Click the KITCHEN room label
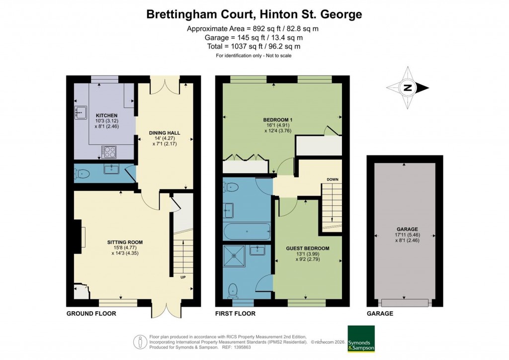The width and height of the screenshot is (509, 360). click(x=107, y=115)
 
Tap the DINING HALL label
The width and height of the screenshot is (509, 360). click(x=165, y=133)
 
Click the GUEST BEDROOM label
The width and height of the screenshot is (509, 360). click(x=307, y=248)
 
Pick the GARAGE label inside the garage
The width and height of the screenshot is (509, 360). click(x=404, y=229)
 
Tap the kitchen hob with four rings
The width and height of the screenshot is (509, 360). click(x=109, y=151)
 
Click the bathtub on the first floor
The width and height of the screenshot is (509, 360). click(x=247, y=232)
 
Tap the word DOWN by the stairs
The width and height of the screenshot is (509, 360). click(x=332, y=180)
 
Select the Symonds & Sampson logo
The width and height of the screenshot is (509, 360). click(x=360, y=339)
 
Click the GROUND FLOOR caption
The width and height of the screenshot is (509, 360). click(x=91, y=314)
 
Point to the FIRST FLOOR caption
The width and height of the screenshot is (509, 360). click(x=235, y=314)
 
